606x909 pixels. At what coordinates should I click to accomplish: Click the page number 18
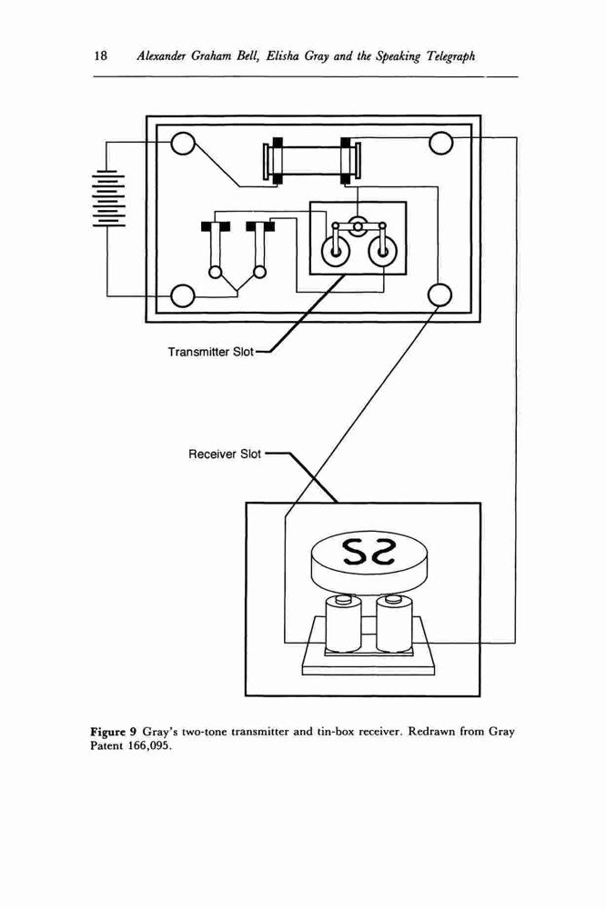click(x=100, y=55)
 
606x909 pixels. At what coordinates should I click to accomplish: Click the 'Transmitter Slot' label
click(x=211, y=352)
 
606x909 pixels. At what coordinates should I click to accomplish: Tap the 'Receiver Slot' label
click(x=225, y=454)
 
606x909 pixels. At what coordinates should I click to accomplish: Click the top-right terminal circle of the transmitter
click(x=440, y=143)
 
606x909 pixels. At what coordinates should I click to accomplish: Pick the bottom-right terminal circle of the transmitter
click(x=439, y=295)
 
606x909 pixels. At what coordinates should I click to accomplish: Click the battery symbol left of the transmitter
click(x=106, y=197)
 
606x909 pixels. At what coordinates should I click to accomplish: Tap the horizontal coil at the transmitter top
click(x=312, y=162)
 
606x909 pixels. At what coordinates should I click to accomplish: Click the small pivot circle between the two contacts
click(x=359, y=225)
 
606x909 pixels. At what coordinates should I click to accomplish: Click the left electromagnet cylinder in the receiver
click(x=343, y=624)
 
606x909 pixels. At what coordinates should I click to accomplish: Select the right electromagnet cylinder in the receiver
click(x=395, y=624)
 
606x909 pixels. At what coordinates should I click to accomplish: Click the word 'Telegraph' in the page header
click(x=451, y=56)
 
